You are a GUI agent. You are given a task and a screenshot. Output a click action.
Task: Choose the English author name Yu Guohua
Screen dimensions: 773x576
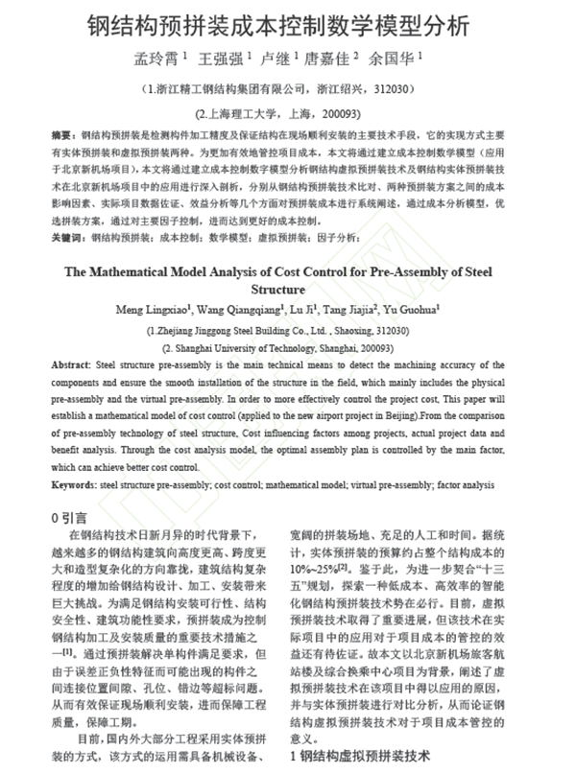[x=410, y=310]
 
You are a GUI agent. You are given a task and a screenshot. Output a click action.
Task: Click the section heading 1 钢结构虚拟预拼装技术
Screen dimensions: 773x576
[x=360, y=757]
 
